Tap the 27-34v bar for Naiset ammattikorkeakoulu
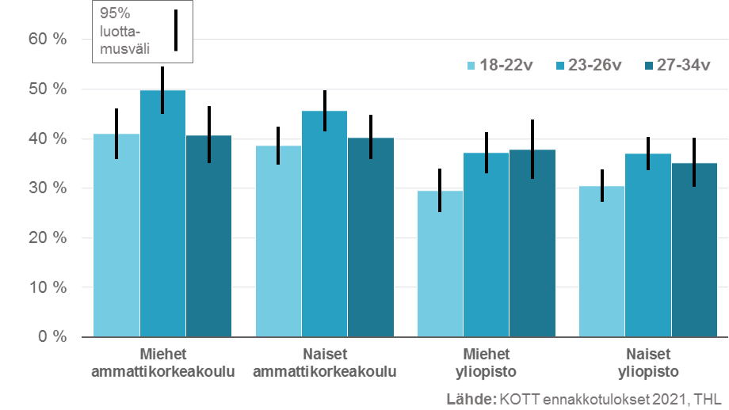(x=370, y=237)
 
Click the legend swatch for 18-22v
(x=471, y=66)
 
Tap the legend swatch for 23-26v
(x=561, y=66)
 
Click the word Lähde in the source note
(x=471, y=398)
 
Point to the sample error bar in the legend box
(x=175, y=30)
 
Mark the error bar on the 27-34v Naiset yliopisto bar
(x=693, y=162)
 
